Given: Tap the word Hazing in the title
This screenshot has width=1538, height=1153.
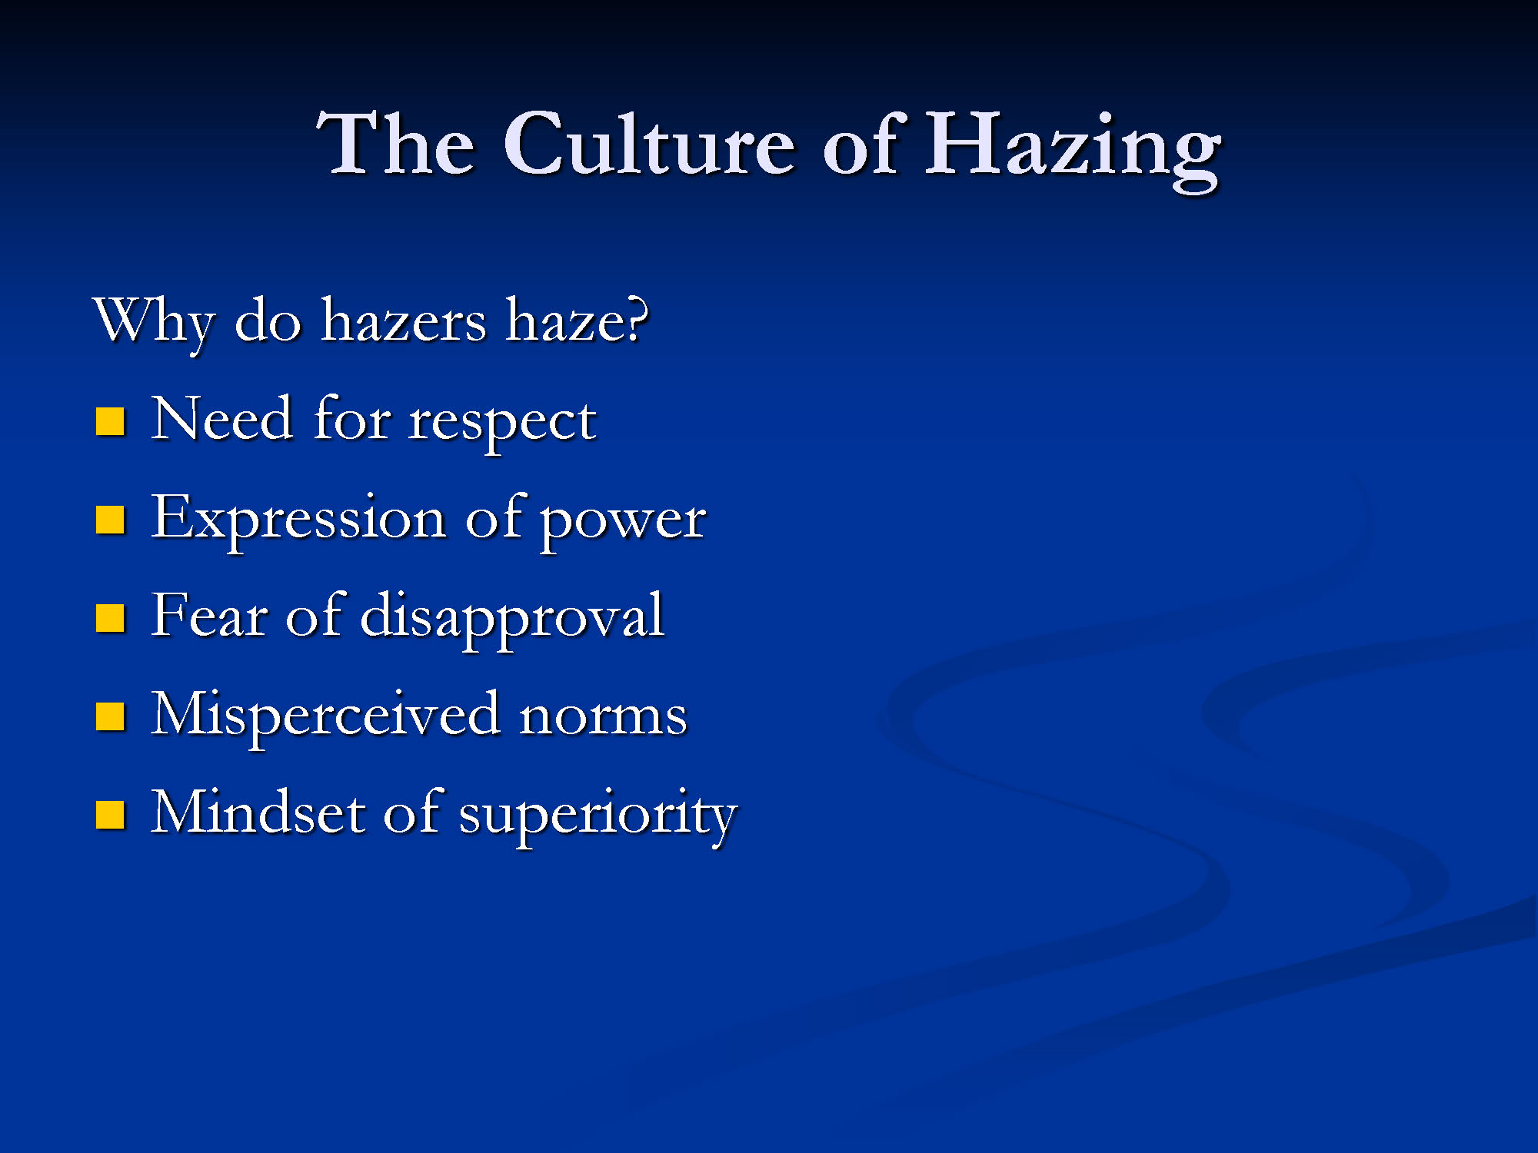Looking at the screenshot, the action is click(1072, 149).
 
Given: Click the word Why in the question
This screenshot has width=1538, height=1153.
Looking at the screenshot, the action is click(154, 323).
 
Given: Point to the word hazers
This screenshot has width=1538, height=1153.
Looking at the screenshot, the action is click(404, 321).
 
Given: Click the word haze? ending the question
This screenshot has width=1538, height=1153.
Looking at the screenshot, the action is click(577, 320).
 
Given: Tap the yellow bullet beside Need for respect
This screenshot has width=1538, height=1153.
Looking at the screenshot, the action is click(110, 421).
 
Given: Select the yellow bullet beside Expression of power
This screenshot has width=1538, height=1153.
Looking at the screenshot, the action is click(110, 520).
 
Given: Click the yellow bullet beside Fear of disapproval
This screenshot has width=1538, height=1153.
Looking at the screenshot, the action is click(110, 617).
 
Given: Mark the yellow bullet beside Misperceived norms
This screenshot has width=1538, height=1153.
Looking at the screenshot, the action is click(110, 716).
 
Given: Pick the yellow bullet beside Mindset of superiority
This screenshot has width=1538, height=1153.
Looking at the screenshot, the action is click(110, 815).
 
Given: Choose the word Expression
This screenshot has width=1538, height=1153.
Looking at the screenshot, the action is click(298, 521).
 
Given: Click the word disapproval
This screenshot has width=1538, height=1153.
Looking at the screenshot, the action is click(512, 619).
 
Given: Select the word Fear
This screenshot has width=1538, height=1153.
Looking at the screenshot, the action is click(209, 615).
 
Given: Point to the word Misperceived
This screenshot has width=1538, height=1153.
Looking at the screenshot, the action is click(326, 717).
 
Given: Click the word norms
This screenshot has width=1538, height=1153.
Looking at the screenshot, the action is click(603, 717).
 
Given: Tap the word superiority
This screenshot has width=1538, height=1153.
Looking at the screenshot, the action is click(598, 816).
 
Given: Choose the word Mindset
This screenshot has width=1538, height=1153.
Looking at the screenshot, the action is click(258, 812).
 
